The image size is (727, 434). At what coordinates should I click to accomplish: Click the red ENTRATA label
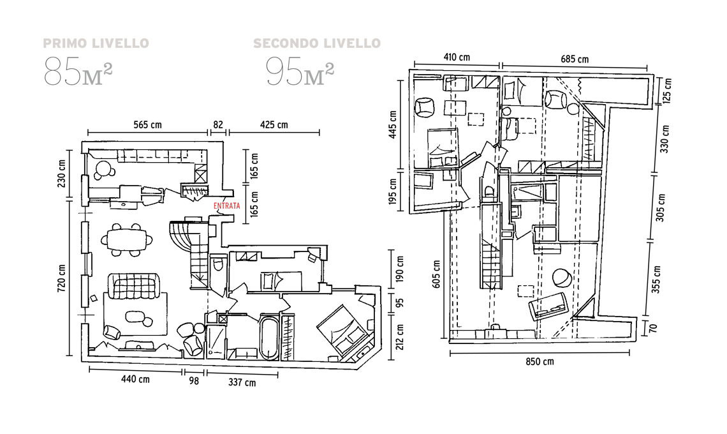point(227,206)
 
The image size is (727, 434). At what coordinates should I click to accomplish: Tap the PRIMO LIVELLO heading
point(96,43)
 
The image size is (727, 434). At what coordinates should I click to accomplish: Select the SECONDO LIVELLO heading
point(317,43)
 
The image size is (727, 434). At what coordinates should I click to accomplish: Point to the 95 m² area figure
point(300,71)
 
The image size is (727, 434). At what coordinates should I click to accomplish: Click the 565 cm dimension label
point(147,124)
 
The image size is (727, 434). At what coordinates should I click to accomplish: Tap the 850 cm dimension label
point(540,361)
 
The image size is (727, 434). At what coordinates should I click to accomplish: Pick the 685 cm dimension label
point(575,59)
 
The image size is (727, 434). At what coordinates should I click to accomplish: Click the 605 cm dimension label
point(437,274)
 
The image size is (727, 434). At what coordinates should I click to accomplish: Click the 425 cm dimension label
point(274,124)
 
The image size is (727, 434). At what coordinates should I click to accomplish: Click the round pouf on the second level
point(562,278)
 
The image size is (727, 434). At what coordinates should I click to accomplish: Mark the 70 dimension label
point(652,329)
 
